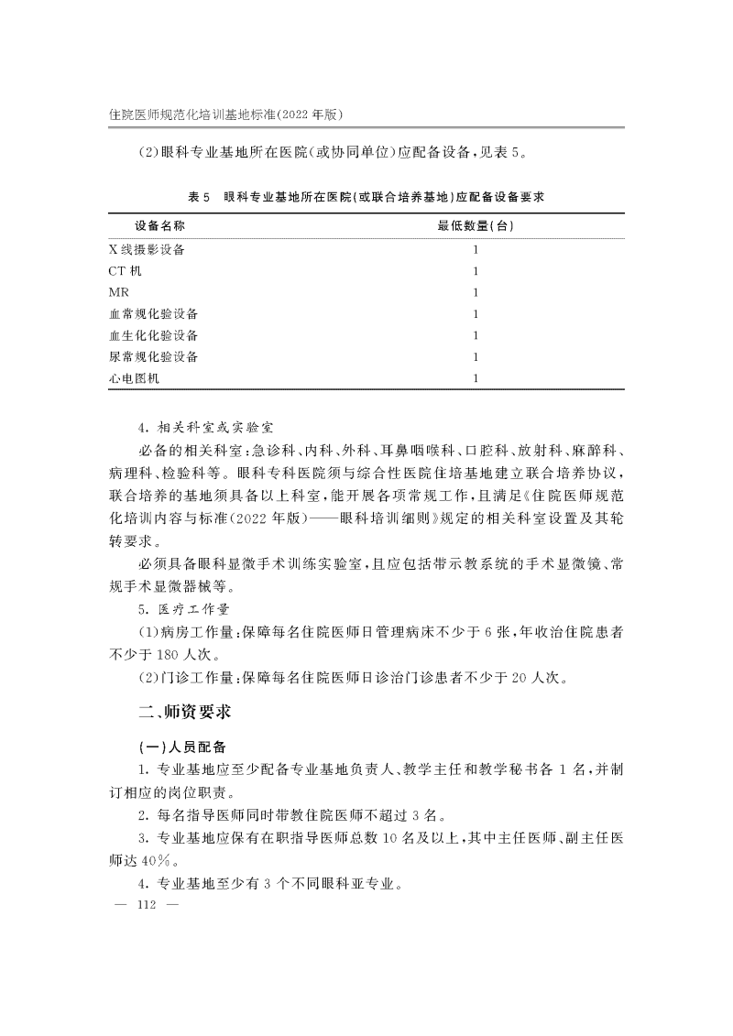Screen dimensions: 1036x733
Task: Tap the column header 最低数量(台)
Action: click(476, 225)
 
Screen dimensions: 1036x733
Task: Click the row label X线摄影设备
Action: click(152, 249)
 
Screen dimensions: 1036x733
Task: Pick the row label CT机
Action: click(125, 271)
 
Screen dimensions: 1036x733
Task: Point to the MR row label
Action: click(119, 292)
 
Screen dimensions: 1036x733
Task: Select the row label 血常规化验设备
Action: click(152, 314)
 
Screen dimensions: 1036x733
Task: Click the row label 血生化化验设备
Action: click(152, 335)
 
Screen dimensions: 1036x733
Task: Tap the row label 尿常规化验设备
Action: click(152, 356)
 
